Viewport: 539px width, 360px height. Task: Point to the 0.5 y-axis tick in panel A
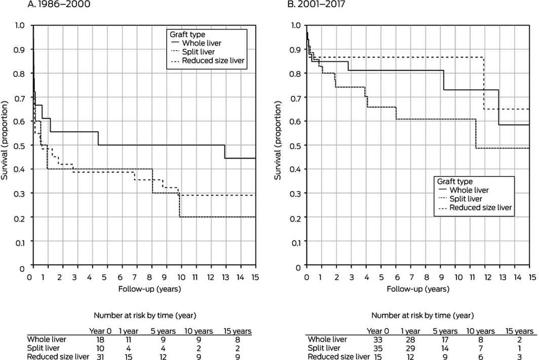click(22, 146)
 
